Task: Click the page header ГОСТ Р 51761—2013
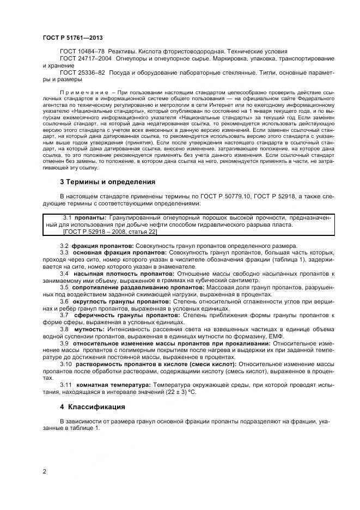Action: (x=72, y=38)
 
